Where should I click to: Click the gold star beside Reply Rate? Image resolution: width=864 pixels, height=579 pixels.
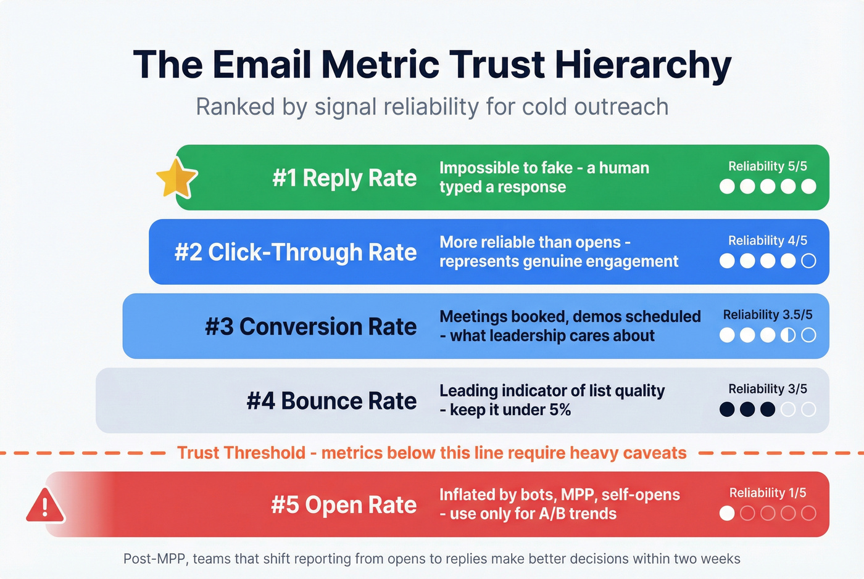point(177,178)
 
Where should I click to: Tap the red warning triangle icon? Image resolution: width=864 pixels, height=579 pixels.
point(45,506)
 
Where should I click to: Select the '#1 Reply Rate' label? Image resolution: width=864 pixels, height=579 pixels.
point(344,178)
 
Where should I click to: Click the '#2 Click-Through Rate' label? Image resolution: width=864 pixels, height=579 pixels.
point(296,252)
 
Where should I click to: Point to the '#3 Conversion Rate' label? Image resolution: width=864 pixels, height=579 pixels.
point(310,327)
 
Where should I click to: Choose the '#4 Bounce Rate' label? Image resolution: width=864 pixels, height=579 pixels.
point(331,401)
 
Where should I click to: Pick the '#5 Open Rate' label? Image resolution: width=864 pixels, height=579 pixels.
point(344,505)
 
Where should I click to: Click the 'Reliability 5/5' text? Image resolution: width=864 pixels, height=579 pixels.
point(767,166)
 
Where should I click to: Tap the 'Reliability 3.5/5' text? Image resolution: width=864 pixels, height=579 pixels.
point(767,315)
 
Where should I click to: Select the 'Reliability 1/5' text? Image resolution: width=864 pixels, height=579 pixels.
point(767,493)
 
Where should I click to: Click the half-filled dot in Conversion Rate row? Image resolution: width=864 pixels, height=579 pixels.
point(788,335)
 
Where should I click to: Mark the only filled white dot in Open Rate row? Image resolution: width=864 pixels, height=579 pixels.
point(727,513)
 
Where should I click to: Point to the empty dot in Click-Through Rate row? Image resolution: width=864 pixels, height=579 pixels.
point(808,261)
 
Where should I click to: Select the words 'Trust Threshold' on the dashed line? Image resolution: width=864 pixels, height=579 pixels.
point(241,453)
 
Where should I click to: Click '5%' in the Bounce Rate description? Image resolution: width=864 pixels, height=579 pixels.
point(560,410)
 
